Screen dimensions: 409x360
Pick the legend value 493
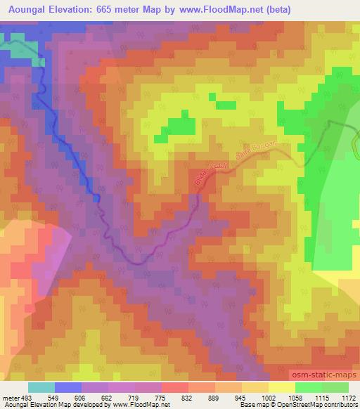(x=27, y=397)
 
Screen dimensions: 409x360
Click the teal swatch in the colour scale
(x=41, y=387)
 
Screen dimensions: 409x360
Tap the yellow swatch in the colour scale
(x=281, y=387)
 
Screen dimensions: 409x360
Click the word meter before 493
(x=11, y=397)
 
